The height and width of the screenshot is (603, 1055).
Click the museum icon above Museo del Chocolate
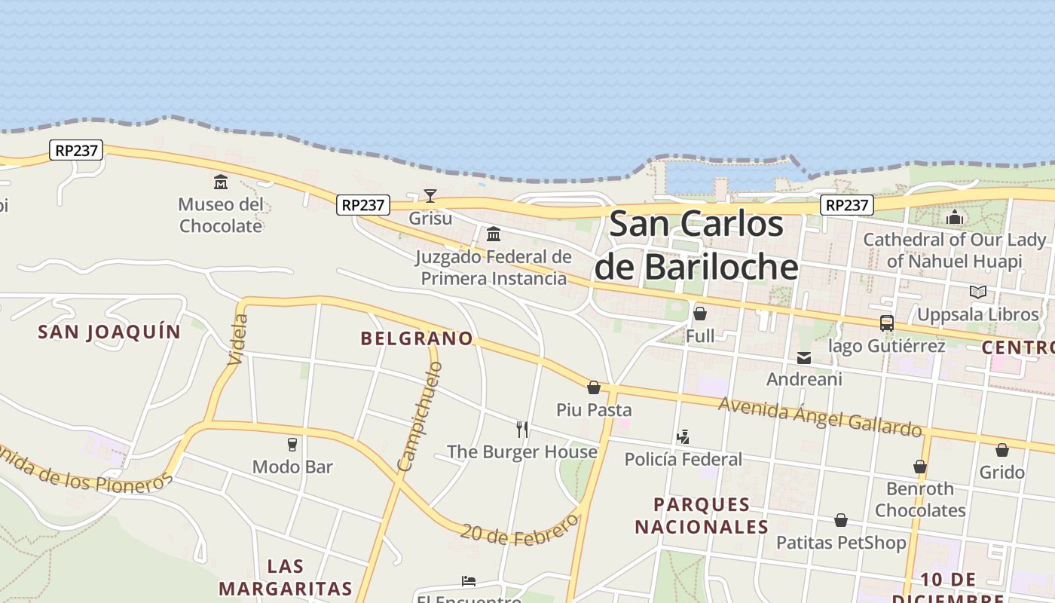tap(221, 182)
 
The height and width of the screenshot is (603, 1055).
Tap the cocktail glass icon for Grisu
tap(430, 196)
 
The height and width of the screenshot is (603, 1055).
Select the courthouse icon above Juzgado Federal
tap(494, 234)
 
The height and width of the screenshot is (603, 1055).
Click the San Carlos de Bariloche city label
tap(696, 246)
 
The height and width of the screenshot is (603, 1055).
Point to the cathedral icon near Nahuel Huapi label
tap(955, 217)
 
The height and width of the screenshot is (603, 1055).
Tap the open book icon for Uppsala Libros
tap(978, 292)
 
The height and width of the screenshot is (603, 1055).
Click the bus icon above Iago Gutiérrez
tap(887, 323)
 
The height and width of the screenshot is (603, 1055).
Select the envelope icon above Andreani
tap(804, 358)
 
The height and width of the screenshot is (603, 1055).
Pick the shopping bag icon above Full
tap(700, 314)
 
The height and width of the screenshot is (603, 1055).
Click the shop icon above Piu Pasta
tap(594, 387)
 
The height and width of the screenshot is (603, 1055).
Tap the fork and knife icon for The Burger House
tap(521, 430)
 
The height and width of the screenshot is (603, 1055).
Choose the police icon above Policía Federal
tap(683, 436)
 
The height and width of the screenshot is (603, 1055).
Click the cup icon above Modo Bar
tap(292, 444)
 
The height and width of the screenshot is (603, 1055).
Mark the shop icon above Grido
tap(1001, 450)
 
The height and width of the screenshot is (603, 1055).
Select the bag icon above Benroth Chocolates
tap(920, 467)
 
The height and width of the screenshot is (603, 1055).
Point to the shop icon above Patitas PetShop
tap(841, 520)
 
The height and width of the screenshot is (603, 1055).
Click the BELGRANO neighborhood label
tap(417, 338)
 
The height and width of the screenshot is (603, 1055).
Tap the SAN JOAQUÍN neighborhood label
tap(110, 332)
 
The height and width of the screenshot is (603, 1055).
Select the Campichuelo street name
tap(419, 417)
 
